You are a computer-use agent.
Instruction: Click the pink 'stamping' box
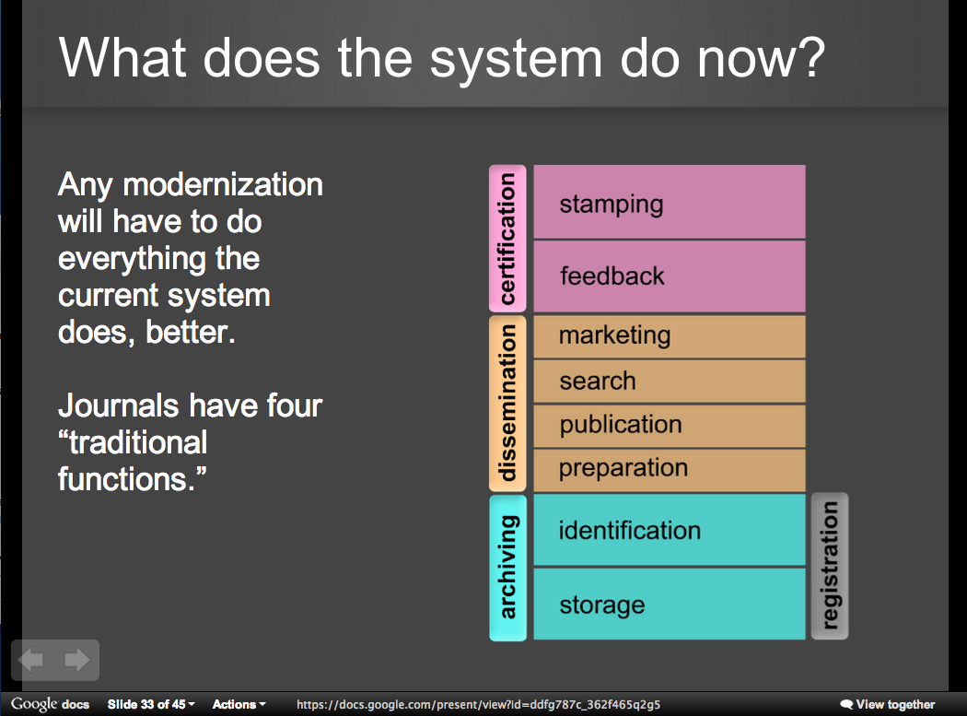670,202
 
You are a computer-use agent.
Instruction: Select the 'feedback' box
670,276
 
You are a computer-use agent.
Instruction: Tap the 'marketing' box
670,337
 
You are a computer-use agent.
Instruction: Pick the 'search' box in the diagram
670,381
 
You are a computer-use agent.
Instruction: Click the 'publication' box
670,426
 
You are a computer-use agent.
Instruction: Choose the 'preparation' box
670,470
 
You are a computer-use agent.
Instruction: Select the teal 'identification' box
670,530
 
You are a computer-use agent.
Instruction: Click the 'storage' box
670,604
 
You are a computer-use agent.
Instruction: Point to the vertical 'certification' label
507,239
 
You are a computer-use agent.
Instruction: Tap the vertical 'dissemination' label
507,404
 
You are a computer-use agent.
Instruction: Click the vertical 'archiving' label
507,568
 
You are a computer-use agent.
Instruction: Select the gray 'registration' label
830,566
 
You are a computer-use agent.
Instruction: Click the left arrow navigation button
31,660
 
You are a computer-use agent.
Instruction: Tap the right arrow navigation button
77,660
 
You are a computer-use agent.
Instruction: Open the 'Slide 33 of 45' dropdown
151,704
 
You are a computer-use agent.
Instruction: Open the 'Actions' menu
239,704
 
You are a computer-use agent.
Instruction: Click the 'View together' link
888,704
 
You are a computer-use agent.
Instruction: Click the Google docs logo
50,704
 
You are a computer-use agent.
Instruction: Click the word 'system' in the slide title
516,59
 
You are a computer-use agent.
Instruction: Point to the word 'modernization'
223,184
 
